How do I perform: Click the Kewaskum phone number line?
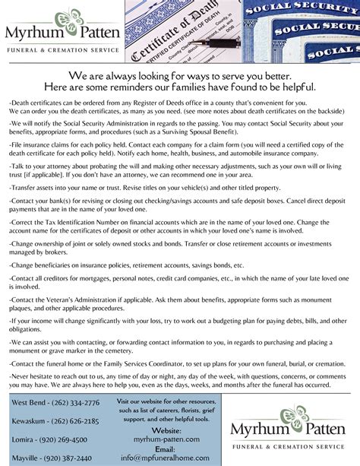(55, 420)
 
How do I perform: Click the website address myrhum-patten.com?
(166, 439)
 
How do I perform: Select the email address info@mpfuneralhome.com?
(166, 458)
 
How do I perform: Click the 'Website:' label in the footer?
(166, 430)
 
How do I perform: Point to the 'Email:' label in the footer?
(166, 449)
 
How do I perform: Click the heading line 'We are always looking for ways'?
(180, 76)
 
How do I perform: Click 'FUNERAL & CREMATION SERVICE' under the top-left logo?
(63, 50)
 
